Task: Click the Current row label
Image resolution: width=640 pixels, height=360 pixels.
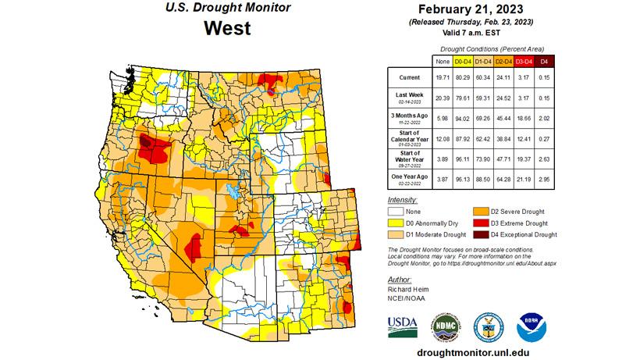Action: point(410,78)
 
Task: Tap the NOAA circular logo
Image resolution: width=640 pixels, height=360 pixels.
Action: point(532,326)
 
